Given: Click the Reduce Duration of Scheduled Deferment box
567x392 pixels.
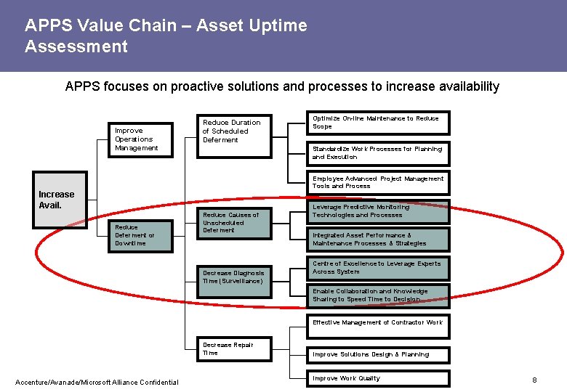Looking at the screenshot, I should pyautogui.click(x=236, y=131).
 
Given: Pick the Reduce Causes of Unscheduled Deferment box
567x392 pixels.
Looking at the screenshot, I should pyautogui.click(x=236, y=222).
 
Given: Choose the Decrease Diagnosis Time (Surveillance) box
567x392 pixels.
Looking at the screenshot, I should pyautogui.click(x=236, y=277).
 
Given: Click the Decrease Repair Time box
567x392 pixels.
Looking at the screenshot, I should pyautogui.click(x=236, y=349).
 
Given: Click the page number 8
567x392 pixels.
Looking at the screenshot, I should pyautogui.click(x=534, y=380).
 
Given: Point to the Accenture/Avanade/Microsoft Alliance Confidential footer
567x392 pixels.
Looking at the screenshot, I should pyautogui.click(x=97, y=383).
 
